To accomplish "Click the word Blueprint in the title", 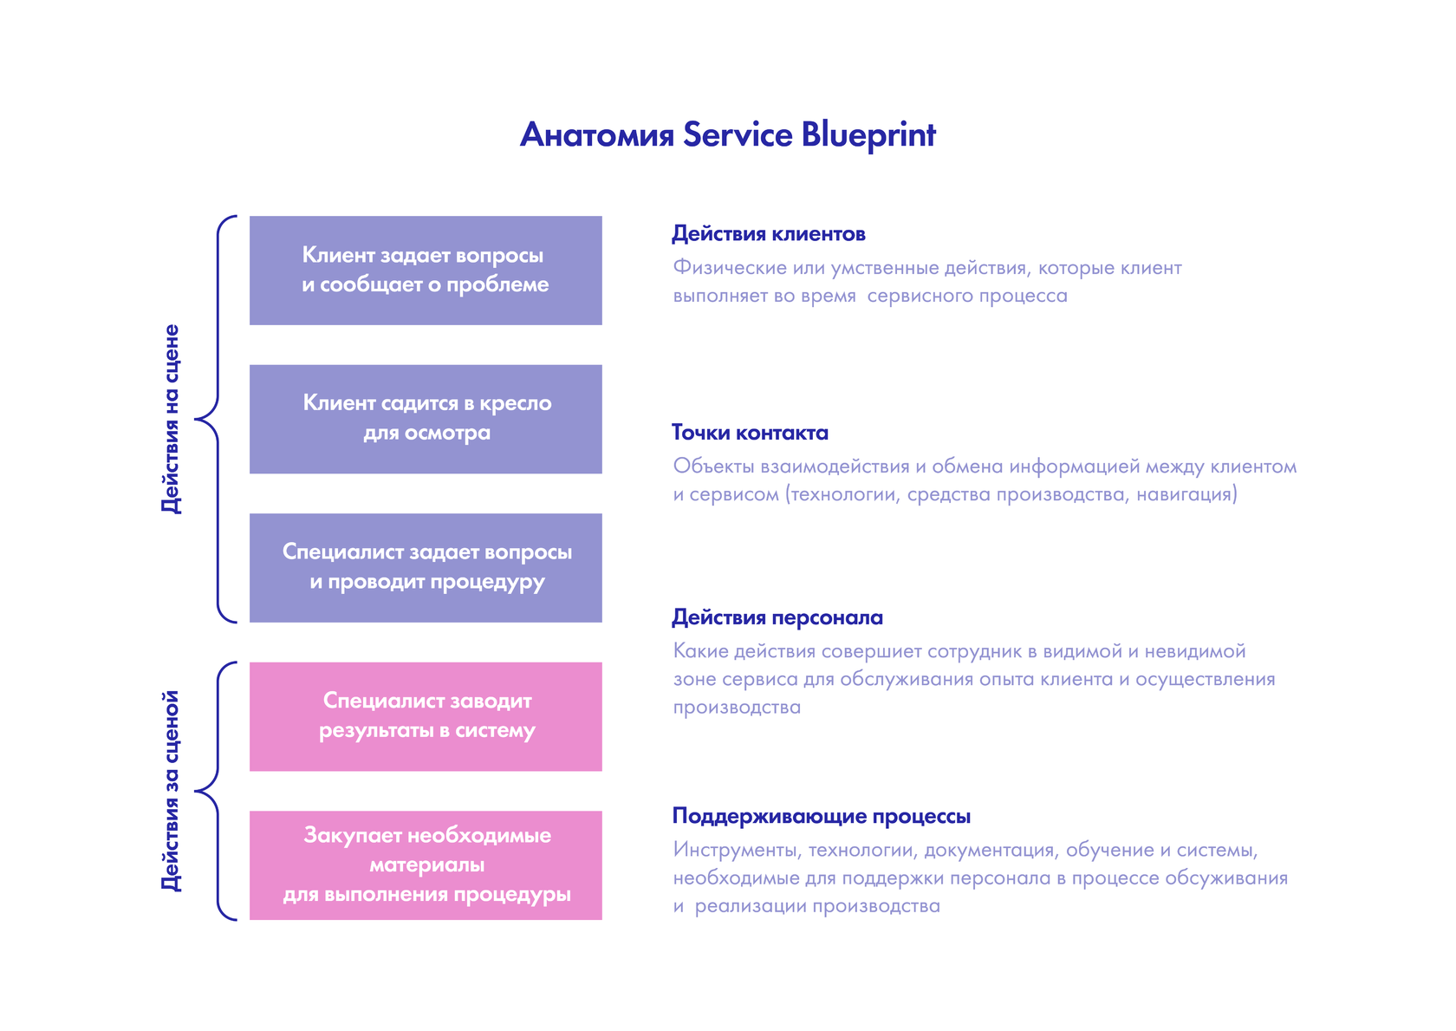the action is pyautogui.click(x=868, y=135).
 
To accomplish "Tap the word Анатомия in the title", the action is pyautogui.click(x=596, y=135).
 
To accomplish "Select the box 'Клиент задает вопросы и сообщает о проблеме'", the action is pyautogui.click(x=426, y=271).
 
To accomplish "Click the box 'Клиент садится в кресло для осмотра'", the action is pyautogui.click(x=426, y=419).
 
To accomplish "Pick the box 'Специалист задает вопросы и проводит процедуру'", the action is pyautogui.click(x=426, y=567).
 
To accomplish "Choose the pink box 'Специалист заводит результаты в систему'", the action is pyautogui.click(x=426, y=716).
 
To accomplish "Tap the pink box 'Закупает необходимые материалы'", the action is pyautogui.click(x=426, y=865).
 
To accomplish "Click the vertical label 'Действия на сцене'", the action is pyautogui.click(x=172, y=419).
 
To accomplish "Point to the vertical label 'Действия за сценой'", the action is pyautogui.click(x=172, y=791).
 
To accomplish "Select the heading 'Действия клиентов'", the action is pyautogui.click(x=768, y=234).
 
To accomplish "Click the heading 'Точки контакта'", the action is pyautogui.click(x=750, y=433).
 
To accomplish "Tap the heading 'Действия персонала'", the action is pyautogui.click(x=777, y=617).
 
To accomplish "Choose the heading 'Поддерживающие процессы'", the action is pyautogui.click(x=821, y=816).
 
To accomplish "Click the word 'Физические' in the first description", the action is pyautogui.click(x=730, y=268).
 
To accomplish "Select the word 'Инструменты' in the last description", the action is pyautogui.click(x=735, y=850).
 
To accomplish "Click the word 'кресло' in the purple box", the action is pyautogui.click(x=515, y=403).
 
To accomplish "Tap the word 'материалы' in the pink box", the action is pyautogui.click(x=426, y=865).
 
